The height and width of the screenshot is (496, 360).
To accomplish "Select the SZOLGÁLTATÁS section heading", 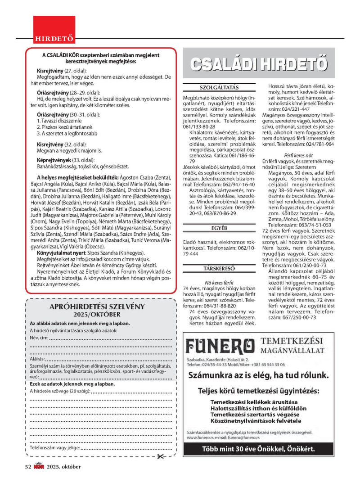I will pyautogui.click(x=219, y=88).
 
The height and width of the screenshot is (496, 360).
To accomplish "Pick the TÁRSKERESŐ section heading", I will pyautogui.click(x=219, y=269).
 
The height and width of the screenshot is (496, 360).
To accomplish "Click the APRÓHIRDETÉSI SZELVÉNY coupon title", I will pyautogui.click(x=99, y=307).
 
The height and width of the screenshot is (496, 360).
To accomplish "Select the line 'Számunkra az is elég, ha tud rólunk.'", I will pyautogui.click(x=258, y=374).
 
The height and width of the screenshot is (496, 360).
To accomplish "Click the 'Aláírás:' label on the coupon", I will pyautogui.click(x=36, y=359).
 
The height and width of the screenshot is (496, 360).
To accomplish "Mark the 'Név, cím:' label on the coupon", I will pyautogui.click(x=39, y=337).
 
